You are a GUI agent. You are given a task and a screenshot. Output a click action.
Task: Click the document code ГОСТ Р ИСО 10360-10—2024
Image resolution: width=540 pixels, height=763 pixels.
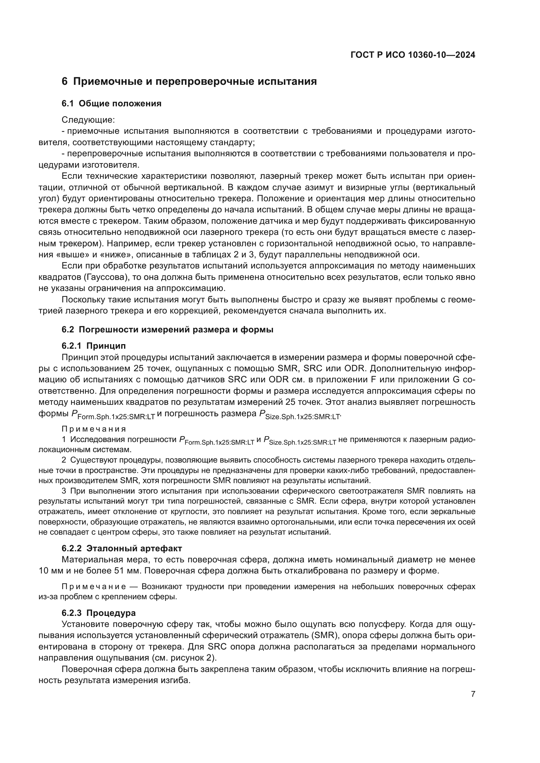coord(413,55)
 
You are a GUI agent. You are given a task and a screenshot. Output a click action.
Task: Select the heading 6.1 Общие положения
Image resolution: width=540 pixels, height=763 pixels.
coord(111,104)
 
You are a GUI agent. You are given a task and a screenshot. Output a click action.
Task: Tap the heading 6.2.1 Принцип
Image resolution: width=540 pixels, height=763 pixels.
coord(94,346)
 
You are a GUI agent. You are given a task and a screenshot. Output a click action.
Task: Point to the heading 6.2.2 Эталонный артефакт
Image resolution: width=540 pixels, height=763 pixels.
coord(122,548)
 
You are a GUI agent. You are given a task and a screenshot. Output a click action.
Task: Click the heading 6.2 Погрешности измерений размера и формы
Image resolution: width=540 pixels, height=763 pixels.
coord(167,330)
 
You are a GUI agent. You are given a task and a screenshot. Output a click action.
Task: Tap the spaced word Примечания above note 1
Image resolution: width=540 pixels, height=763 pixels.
coord(94,429)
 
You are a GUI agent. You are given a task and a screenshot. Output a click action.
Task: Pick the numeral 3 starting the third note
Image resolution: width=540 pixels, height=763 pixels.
coord(64,491)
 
